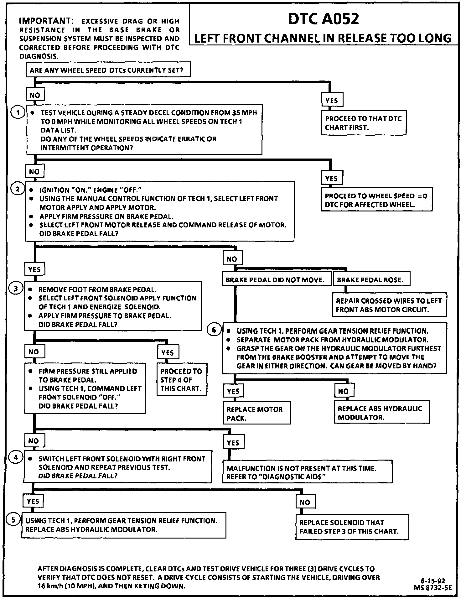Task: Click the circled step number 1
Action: pos(18,112)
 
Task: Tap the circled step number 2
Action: pos(18,189)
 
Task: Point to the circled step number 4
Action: pos(15,458)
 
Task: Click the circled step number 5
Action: pos(13,520)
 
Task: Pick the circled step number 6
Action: pos(214,330)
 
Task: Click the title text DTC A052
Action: pos(323,19)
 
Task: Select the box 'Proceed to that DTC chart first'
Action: pos(364,123)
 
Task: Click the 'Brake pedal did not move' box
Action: pos(275,280)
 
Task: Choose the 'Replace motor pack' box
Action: pos(257,414)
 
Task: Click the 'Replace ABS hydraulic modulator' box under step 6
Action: pos(381,413)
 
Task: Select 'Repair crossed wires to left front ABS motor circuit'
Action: pos(389,305)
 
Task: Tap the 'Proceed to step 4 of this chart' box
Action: pos(181,379)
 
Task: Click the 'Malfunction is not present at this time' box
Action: pos(307,472)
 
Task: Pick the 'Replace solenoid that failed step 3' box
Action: pos(352,527)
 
